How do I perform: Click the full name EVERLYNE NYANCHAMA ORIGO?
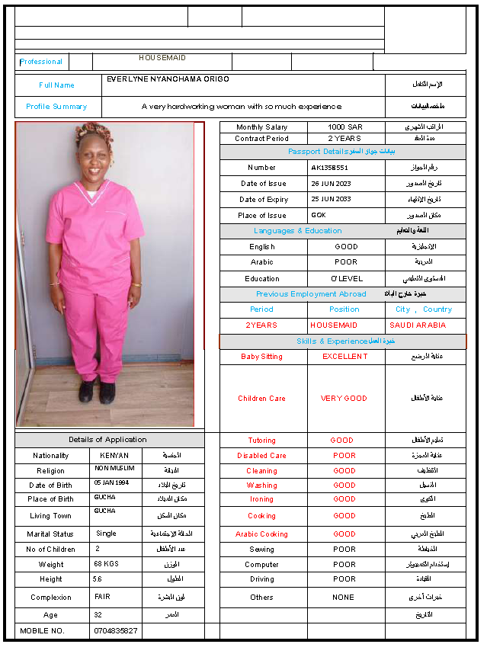click(168, 79)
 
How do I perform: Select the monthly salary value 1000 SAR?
click(345, 127)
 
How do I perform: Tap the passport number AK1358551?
click(330, 168)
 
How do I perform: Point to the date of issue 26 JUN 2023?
click(332, 184)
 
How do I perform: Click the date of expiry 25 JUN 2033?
click(332, 200)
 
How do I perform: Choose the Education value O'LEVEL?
click(347, 279)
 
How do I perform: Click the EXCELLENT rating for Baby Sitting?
click(344, 357)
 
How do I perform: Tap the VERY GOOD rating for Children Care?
click(344, 399)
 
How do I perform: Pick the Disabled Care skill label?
click(261, 456)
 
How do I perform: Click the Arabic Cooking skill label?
click(261, 534)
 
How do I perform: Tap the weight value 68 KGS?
click(107, 565)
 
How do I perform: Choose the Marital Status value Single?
click(107, 534)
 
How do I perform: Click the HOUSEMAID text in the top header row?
click(162, 58)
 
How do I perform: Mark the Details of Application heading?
click(107, 440)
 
